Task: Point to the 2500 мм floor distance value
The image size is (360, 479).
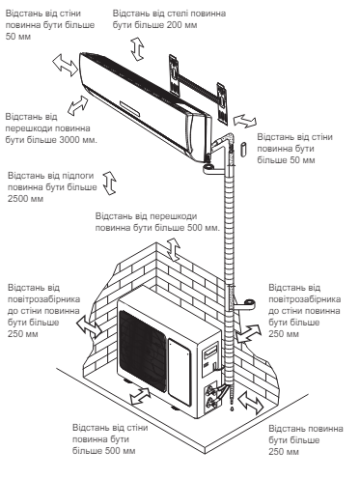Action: pos(25,199)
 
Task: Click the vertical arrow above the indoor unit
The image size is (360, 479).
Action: pos(137,48)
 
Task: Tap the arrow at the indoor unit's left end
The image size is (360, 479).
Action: pos(66,65)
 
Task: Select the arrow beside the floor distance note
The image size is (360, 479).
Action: pos(109,183)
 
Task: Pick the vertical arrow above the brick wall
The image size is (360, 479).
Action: pos(174,249)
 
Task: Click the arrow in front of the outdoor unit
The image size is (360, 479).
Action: pos(140,396)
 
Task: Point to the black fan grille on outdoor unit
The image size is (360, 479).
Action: pos(143,351)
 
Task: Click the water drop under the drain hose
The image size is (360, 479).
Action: pos(231,409)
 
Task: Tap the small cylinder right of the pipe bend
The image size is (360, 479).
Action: pos(243,149)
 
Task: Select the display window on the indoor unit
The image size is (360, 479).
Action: pos(130,108)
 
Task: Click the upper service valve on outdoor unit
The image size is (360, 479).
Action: pos(211,389)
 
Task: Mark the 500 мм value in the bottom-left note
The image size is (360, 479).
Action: pos(119,451)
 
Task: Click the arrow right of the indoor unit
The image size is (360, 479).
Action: pos(245,121)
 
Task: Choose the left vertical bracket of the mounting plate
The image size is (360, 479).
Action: pos(175,74)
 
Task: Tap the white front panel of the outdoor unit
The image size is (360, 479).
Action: pos(180,372)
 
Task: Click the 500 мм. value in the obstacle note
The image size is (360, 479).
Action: pos(204,228)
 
